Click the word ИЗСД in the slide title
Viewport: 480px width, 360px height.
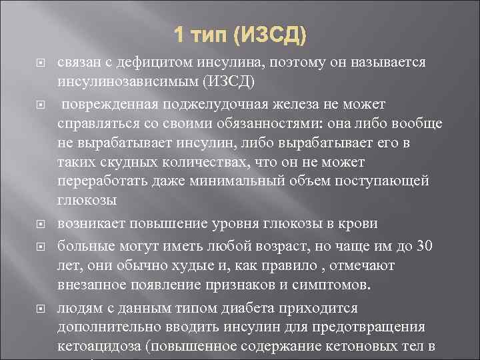click(x=273, y=33)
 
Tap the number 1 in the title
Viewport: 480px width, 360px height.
click(x=179, y=33)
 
